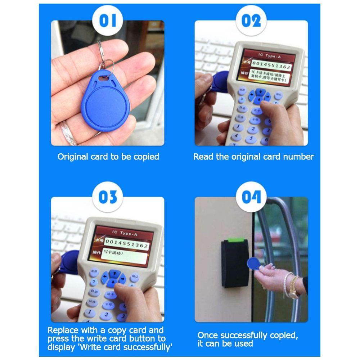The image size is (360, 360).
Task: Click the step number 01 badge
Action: (x=108, y=21)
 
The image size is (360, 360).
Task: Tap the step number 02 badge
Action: (x=251, y=21)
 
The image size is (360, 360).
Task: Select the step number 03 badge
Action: (x=108, y=197)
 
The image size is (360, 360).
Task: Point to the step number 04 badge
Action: (x=251, y=197)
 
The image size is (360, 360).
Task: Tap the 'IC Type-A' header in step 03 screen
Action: (x=125, y=234)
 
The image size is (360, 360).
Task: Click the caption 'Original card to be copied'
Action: (x=108, y=157)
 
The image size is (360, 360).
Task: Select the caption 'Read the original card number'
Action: (x=253, y=157)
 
